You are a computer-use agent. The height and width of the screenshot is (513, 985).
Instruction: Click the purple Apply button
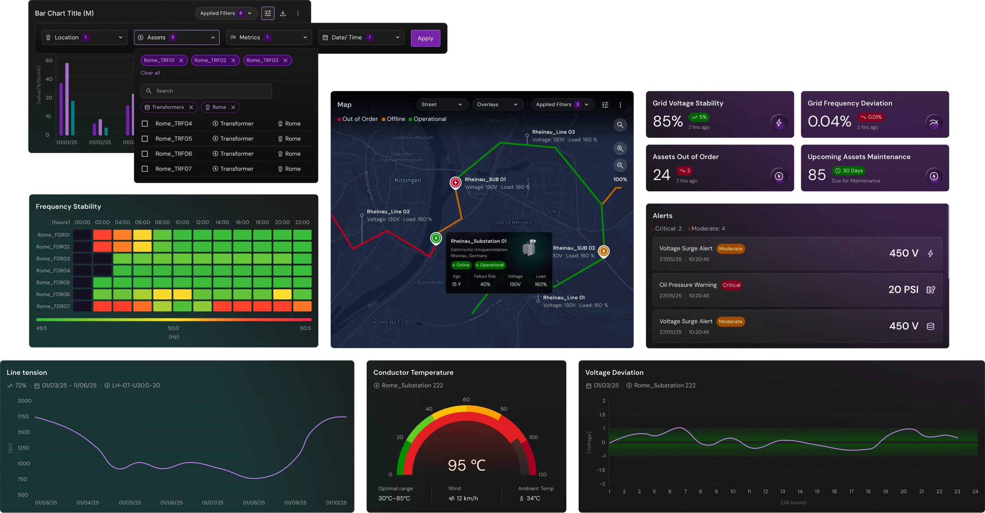click(x=425, y=38)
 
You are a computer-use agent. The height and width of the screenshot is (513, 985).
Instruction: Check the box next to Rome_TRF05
click(x=145, y=139)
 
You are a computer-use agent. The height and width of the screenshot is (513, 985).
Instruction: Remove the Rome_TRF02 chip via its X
click(x=233, y=60)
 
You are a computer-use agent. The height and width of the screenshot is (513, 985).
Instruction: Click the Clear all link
click(x=150, y=73)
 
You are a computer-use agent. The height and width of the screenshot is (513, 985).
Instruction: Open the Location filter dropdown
click(x=84, y=37)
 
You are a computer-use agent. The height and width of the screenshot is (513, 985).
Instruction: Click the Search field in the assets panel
click(x=206, y=91)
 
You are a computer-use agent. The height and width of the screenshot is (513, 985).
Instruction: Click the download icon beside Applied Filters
click(x=283, y=13)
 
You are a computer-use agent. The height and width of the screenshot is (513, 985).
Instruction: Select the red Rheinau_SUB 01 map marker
click(x=455, y=182)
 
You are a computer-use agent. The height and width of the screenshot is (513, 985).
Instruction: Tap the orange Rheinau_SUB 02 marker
click(x=603, y=251)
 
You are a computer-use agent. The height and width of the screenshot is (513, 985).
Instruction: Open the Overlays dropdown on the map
click(x=497, y=104)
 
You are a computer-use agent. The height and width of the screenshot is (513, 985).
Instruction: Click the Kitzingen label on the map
click(x=408, y=180)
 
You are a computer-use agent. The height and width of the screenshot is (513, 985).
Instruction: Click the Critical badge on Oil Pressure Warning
click(x=731, y=285)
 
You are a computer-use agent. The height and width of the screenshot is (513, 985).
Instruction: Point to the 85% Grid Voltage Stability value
click(x=668, y=121)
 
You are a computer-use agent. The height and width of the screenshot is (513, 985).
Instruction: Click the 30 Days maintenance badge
click(x=848, y=171)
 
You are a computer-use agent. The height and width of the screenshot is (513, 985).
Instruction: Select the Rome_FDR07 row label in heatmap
click(x=53, y=306)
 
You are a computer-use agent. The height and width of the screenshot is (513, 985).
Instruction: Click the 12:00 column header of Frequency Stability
click(x=202, y=222)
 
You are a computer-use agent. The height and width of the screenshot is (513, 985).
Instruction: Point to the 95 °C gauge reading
click(x=466, y=465)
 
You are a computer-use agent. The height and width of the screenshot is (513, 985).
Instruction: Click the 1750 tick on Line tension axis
click(x=23, y=417)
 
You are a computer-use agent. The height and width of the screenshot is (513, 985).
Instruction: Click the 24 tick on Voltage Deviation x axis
click(x=975, y=492)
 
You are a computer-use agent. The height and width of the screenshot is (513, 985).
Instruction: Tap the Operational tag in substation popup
click(x=490, y=265)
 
